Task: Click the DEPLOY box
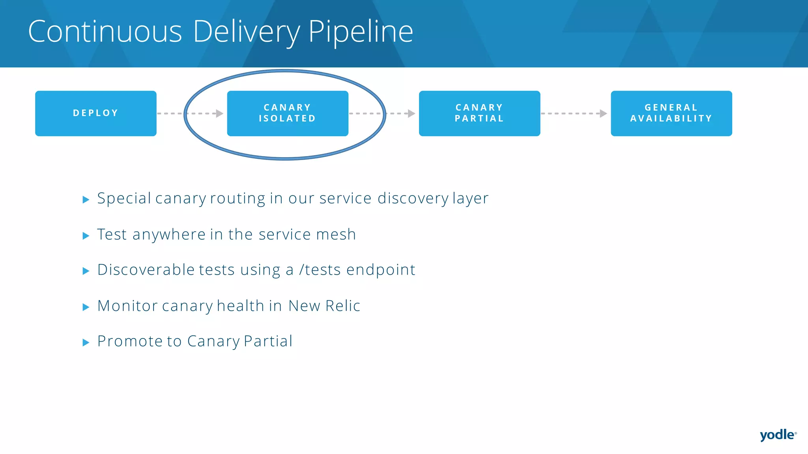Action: [x=95, y=113]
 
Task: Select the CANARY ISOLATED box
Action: [x=288, y=113]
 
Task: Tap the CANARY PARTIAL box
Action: [x=479, y=113]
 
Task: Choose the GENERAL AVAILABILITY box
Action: [x=671, y=113]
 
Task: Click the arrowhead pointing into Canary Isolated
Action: [x=220, y=113]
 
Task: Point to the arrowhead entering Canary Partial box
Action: [x=411, y=113]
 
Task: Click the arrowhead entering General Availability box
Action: [x=603, y=113]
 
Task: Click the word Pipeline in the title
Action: [x=360, y=32]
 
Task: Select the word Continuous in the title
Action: [x=105, y=32]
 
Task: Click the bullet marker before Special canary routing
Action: [x=86, y=200]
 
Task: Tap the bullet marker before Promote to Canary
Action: [x=86, y=342]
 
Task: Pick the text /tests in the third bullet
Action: [x=320, y=270]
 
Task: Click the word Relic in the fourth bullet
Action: [x=342, y=306]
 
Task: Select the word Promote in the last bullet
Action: [x=129, y=341]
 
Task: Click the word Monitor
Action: [x=127, y=306]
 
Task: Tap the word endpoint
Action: [x=380, y=270]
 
